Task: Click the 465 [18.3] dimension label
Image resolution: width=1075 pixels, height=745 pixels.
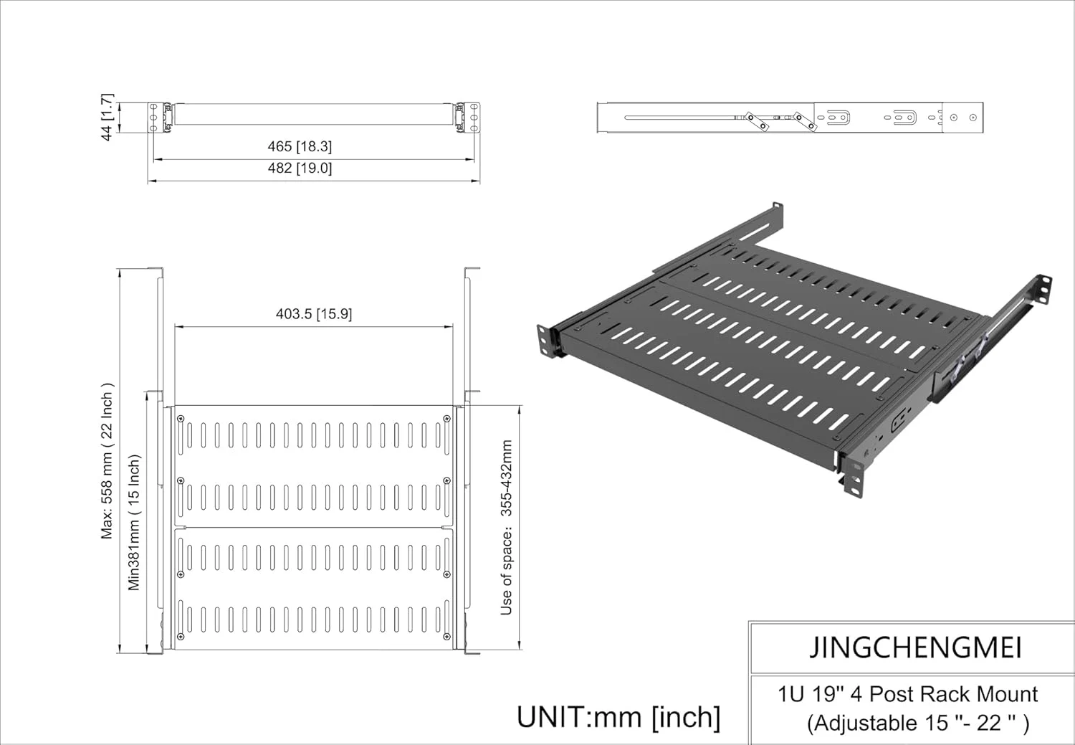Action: (x=300, y=146)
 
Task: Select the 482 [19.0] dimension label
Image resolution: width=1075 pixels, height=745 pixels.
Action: (x=300, y=168)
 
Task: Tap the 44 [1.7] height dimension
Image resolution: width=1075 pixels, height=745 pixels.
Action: (x=107, y=117)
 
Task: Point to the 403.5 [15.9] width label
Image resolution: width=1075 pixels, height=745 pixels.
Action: (x=314, y=314)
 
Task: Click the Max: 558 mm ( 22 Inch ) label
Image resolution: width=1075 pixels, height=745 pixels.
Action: (x=107, y=460)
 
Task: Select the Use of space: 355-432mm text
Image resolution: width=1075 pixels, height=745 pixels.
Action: (x=507, y=528)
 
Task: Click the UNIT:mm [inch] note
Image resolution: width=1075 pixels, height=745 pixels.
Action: (x=618, y=716)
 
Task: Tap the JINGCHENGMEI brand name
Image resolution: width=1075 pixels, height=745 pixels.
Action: (x=915, y=647)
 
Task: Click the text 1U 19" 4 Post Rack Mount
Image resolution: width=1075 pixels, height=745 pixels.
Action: (x=907, y=694)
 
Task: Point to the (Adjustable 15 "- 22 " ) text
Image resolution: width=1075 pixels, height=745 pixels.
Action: (x=918, y=723)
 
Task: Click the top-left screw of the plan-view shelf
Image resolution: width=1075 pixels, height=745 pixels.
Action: (x=180, y=419)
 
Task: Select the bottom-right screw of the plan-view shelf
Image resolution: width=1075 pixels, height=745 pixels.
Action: (x=447, y=637)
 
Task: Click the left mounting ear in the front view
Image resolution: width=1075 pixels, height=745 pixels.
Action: (x=153, y=117)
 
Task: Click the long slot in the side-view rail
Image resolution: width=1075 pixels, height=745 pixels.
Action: (x=681, y=118)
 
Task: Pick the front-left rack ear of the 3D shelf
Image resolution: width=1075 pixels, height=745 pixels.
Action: (x=547, y=340)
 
